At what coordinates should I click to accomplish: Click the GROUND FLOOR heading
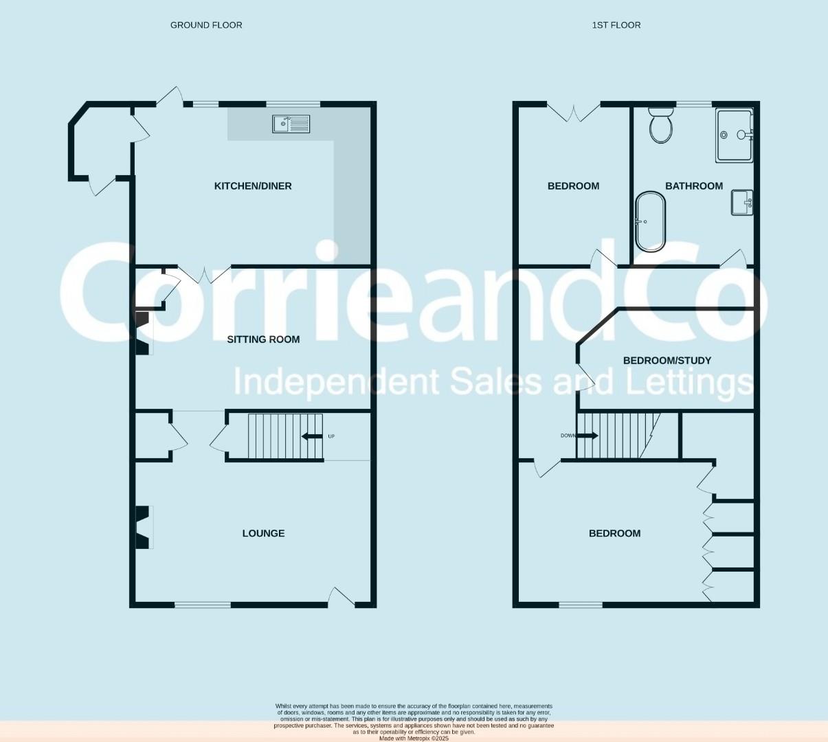tap(206, 25)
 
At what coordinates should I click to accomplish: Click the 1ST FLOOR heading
tap(616, 25)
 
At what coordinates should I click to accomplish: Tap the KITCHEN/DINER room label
tap(253, 186)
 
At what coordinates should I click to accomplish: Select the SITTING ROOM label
tap(263, 339)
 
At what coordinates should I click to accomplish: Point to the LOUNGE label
tap(263, 533)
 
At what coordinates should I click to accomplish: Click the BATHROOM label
tap(694, 186)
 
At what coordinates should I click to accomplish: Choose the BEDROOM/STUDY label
tap(667, 361)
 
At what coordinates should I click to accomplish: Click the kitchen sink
tap(291, 124)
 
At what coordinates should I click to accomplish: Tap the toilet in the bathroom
tap(661, 126)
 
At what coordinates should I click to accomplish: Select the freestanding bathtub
tap(650, 221)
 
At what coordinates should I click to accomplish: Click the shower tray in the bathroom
tap(735, 135)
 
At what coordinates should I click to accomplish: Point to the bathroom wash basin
tap(742, 202)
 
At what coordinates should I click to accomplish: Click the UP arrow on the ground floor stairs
tap(312, 436)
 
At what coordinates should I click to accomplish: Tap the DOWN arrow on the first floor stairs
tap(588, 436)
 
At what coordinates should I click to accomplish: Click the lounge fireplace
tap(144, 527)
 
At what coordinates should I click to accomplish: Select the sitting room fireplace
tap(144, 333)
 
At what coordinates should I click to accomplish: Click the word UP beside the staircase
tap(331, 436)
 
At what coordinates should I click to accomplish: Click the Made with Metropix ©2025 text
tap(414, 739)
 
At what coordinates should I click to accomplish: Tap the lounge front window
tap(203, 605)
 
